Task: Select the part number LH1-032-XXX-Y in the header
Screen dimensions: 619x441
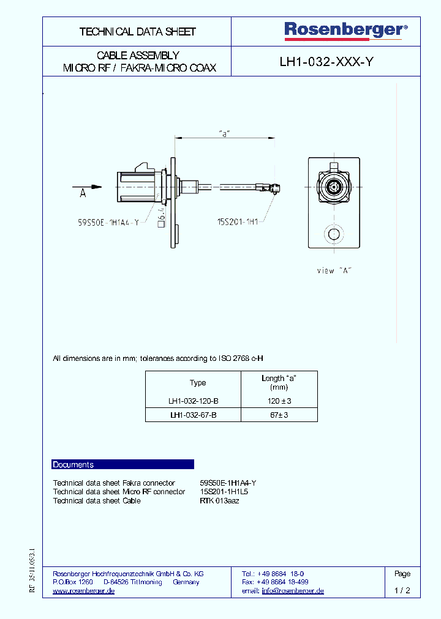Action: [326, 61]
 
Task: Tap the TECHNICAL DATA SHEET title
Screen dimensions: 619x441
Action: [137, 31]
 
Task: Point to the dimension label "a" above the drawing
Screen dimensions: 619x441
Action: [224, 133]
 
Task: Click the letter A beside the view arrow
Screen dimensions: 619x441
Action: [83, 194]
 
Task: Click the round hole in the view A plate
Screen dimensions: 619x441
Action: [334, 235]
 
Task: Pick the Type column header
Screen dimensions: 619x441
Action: [198, 383]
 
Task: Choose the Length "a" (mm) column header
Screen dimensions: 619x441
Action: [279, 383]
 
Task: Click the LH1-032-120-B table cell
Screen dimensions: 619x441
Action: [193, 401]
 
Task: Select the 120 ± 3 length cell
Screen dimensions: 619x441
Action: [279, 401]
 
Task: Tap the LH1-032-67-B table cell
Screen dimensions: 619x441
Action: [193, 415]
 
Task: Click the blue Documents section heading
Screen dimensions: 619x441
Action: [73, 465]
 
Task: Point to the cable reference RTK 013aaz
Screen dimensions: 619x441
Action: [219, 501]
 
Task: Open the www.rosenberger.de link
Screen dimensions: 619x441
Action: [84, 591]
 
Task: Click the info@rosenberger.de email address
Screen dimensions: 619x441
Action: [292, 591]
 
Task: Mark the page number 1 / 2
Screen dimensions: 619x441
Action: [402, 591]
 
